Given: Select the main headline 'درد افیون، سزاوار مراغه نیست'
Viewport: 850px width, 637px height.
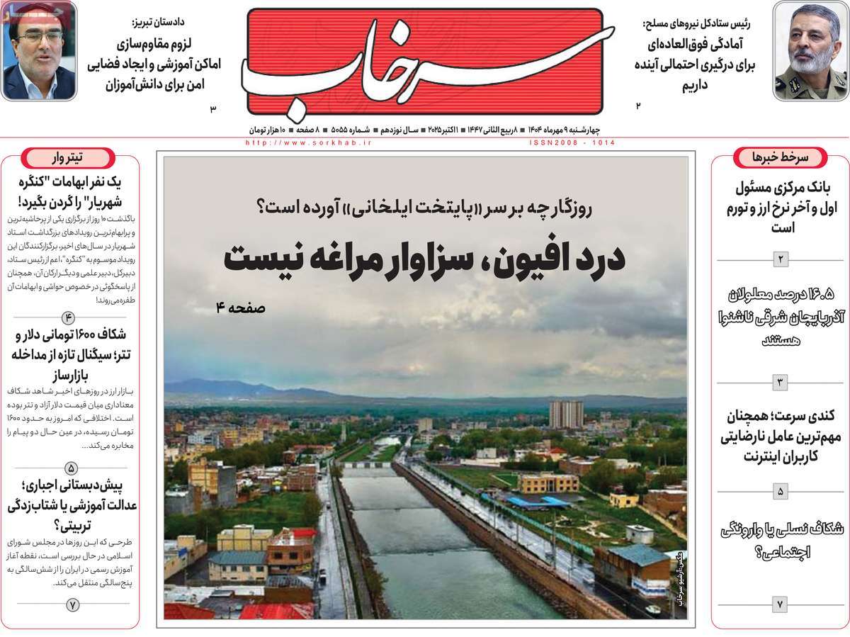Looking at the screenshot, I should click(x=424, y=259).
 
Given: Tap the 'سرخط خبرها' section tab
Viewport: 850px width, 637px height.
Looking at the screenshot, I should click(x=780, y=157).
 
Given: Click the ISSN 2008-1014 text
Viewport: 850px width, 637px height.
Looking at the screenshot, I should click(x=572, y=142).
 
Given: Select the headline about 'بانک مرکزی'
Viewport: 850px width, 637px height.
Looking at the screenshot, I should click(x=780, y=208).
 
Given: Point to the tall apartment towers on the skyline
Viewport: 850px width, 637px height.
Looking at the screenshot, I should click(x=566, y=415).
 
